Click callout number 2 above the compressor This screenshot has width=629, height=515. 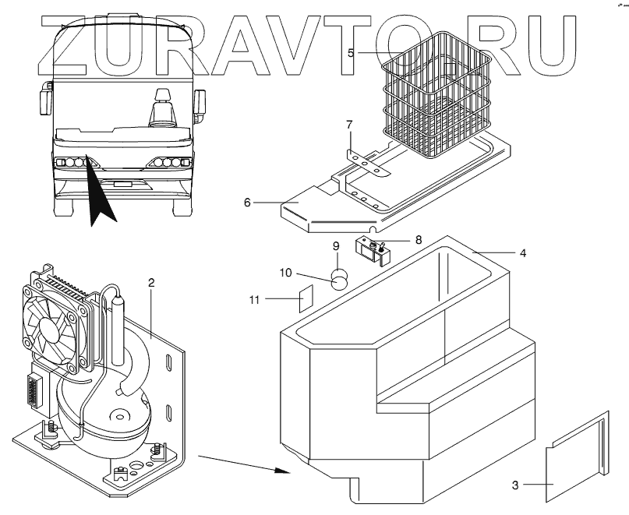coord(151,283)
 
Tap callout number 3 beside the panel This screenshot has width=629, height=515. coord(515,485)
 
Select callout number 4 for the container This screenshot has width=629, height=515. coord(523,253)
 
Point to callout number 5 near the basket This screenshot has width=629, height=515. coord(352,53)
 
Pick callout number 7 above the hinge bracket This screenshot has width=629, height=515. coord(349,124)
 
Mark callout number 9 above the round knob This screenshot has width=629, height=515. coord(337,246)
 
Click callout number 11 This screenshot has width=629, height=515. coord(255,298)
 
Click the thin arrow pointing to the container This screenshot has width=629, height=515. coord(241,462)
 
